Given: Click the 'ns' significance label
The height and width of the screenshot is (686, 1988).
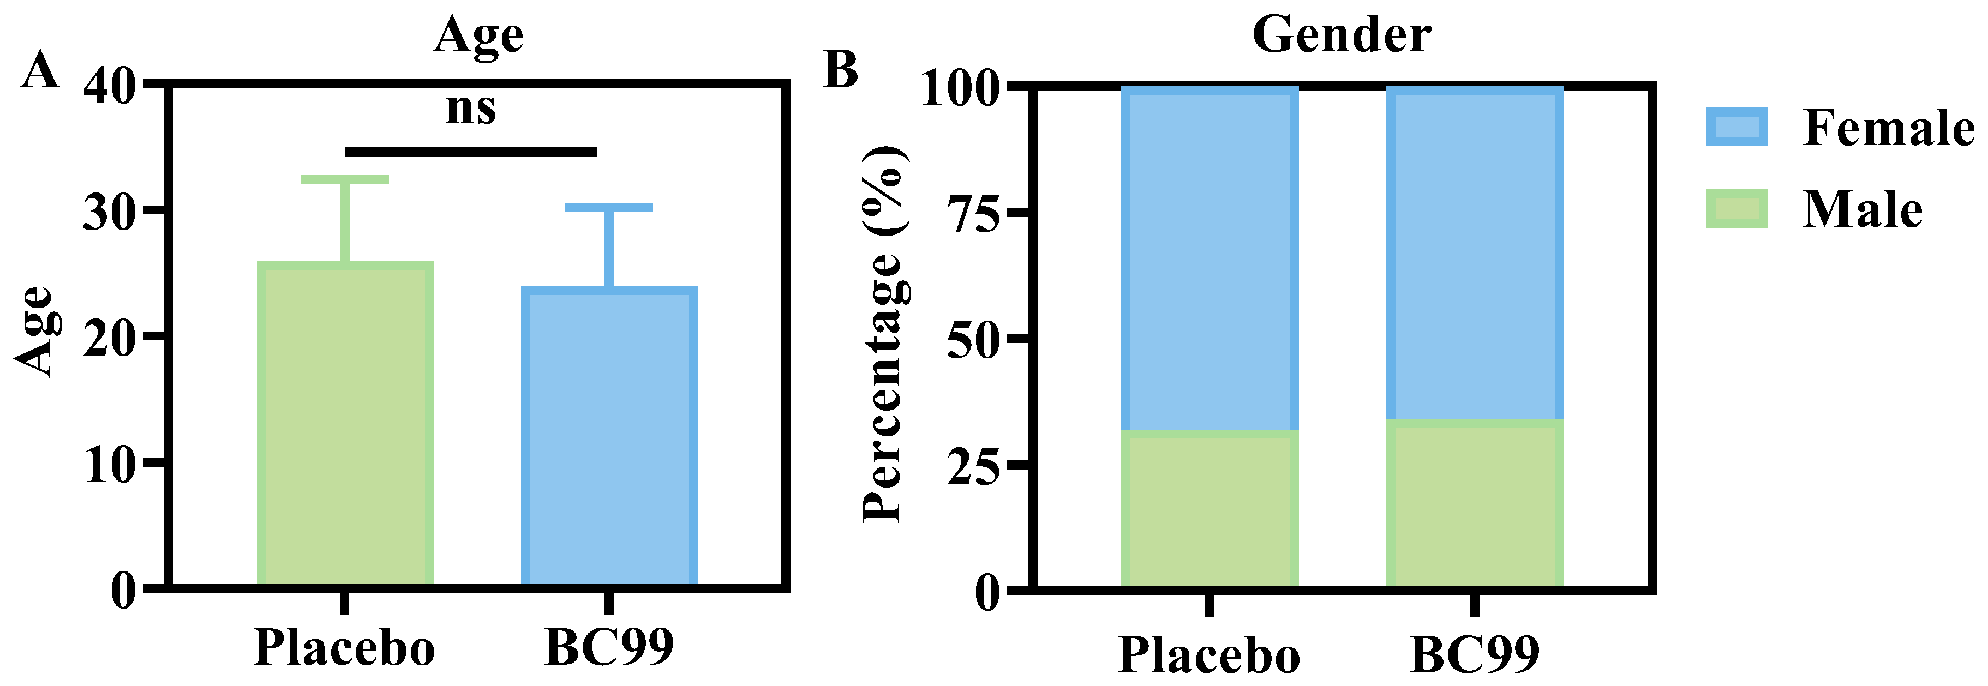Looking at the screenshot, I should tap(471, 108).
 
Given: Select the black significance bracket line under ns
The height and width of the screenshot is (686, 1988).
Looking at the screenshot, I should tap(471, 151).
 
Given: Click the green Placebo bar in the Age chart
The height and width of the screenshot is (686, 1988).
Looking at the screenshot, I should tap(345, 424).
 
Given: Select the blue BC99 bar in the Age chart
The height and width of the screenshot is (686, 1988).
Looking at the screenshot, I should tap(610, 437).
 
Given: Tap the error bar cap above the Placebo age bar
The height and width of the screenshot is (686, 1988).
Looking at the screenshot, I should tap(345, 179).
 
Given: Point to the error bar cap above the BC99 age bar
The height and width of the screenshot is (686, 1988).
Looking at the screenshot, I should tap(609, 207).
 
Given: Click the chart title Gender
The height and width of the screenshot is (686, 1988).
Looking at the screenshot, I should tap(1342, 35).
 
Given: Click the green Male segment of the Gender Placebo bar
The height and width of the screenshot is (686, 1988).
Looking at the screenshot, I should tap(1209, 509).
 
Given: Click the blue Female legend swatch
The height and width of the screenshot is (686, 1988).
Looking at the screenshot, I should tap(1736, 127).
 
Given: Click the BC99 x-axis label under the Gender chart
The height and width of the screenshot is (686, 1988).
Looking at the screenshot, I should tap(1474, 654).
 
